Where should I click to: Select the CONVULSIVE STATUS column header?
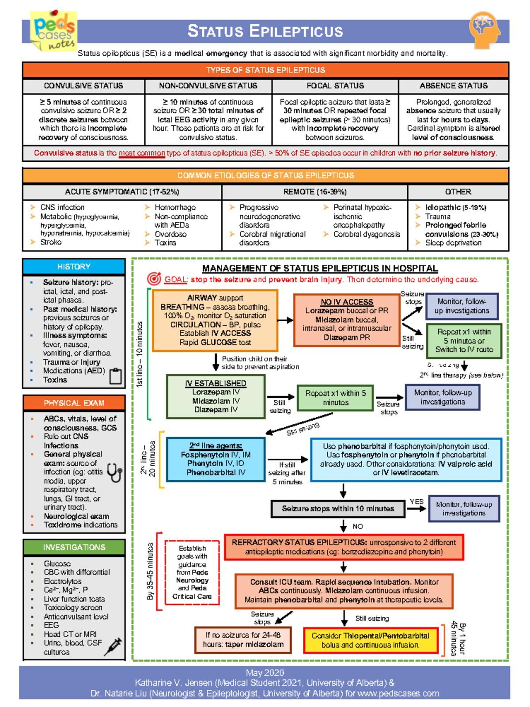point(83,86)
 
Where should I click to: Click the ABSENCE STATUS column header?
point(454,86)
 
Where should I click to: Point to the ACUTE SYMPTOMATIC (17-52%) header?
point(122,192)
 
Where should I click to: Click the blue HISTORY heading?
point(74,266)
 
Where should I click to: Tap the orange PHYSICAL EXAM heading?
point(74,403)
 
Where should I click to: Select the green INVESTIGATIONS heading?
point(74,547)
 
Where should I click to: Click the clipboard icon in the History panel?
point(115,376)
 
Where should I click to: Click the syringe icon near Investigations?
point(113,646)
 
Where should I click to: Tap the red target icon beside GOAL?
point(154,279)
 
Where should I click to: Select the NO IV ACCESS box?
point(347,319)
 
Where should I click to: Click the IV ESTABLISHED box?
point(216,396)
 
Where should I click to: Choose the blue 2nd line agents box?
point(216,459)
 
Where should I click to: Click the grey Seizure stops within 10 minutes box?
point(338,509)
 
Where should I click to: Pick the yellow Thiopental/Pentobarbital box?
point(370,640)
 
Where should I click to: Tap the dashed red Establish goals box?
point(192,572)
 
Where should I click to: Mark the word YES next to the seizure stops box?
point(416,502)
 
